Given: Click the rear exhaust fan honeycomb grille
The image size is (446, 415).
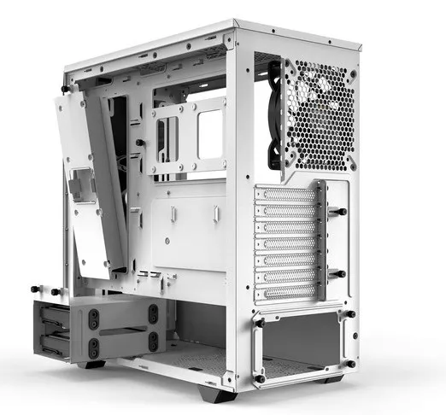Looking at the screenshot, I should click(x=319, y=115).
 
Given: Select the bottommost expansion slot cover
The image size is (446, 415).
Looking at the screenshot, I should click(x=285, y=292).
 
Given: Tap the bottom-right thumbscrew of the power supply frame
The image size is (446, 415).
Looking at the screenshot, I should click(x=349, y=365).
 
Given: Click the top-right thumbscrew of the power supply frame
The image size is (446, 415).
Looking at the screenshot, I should click(x=349, y=314).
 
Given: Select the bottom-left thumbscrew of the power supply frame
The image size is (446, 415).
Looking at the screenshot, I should click(x=259, y=377).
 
